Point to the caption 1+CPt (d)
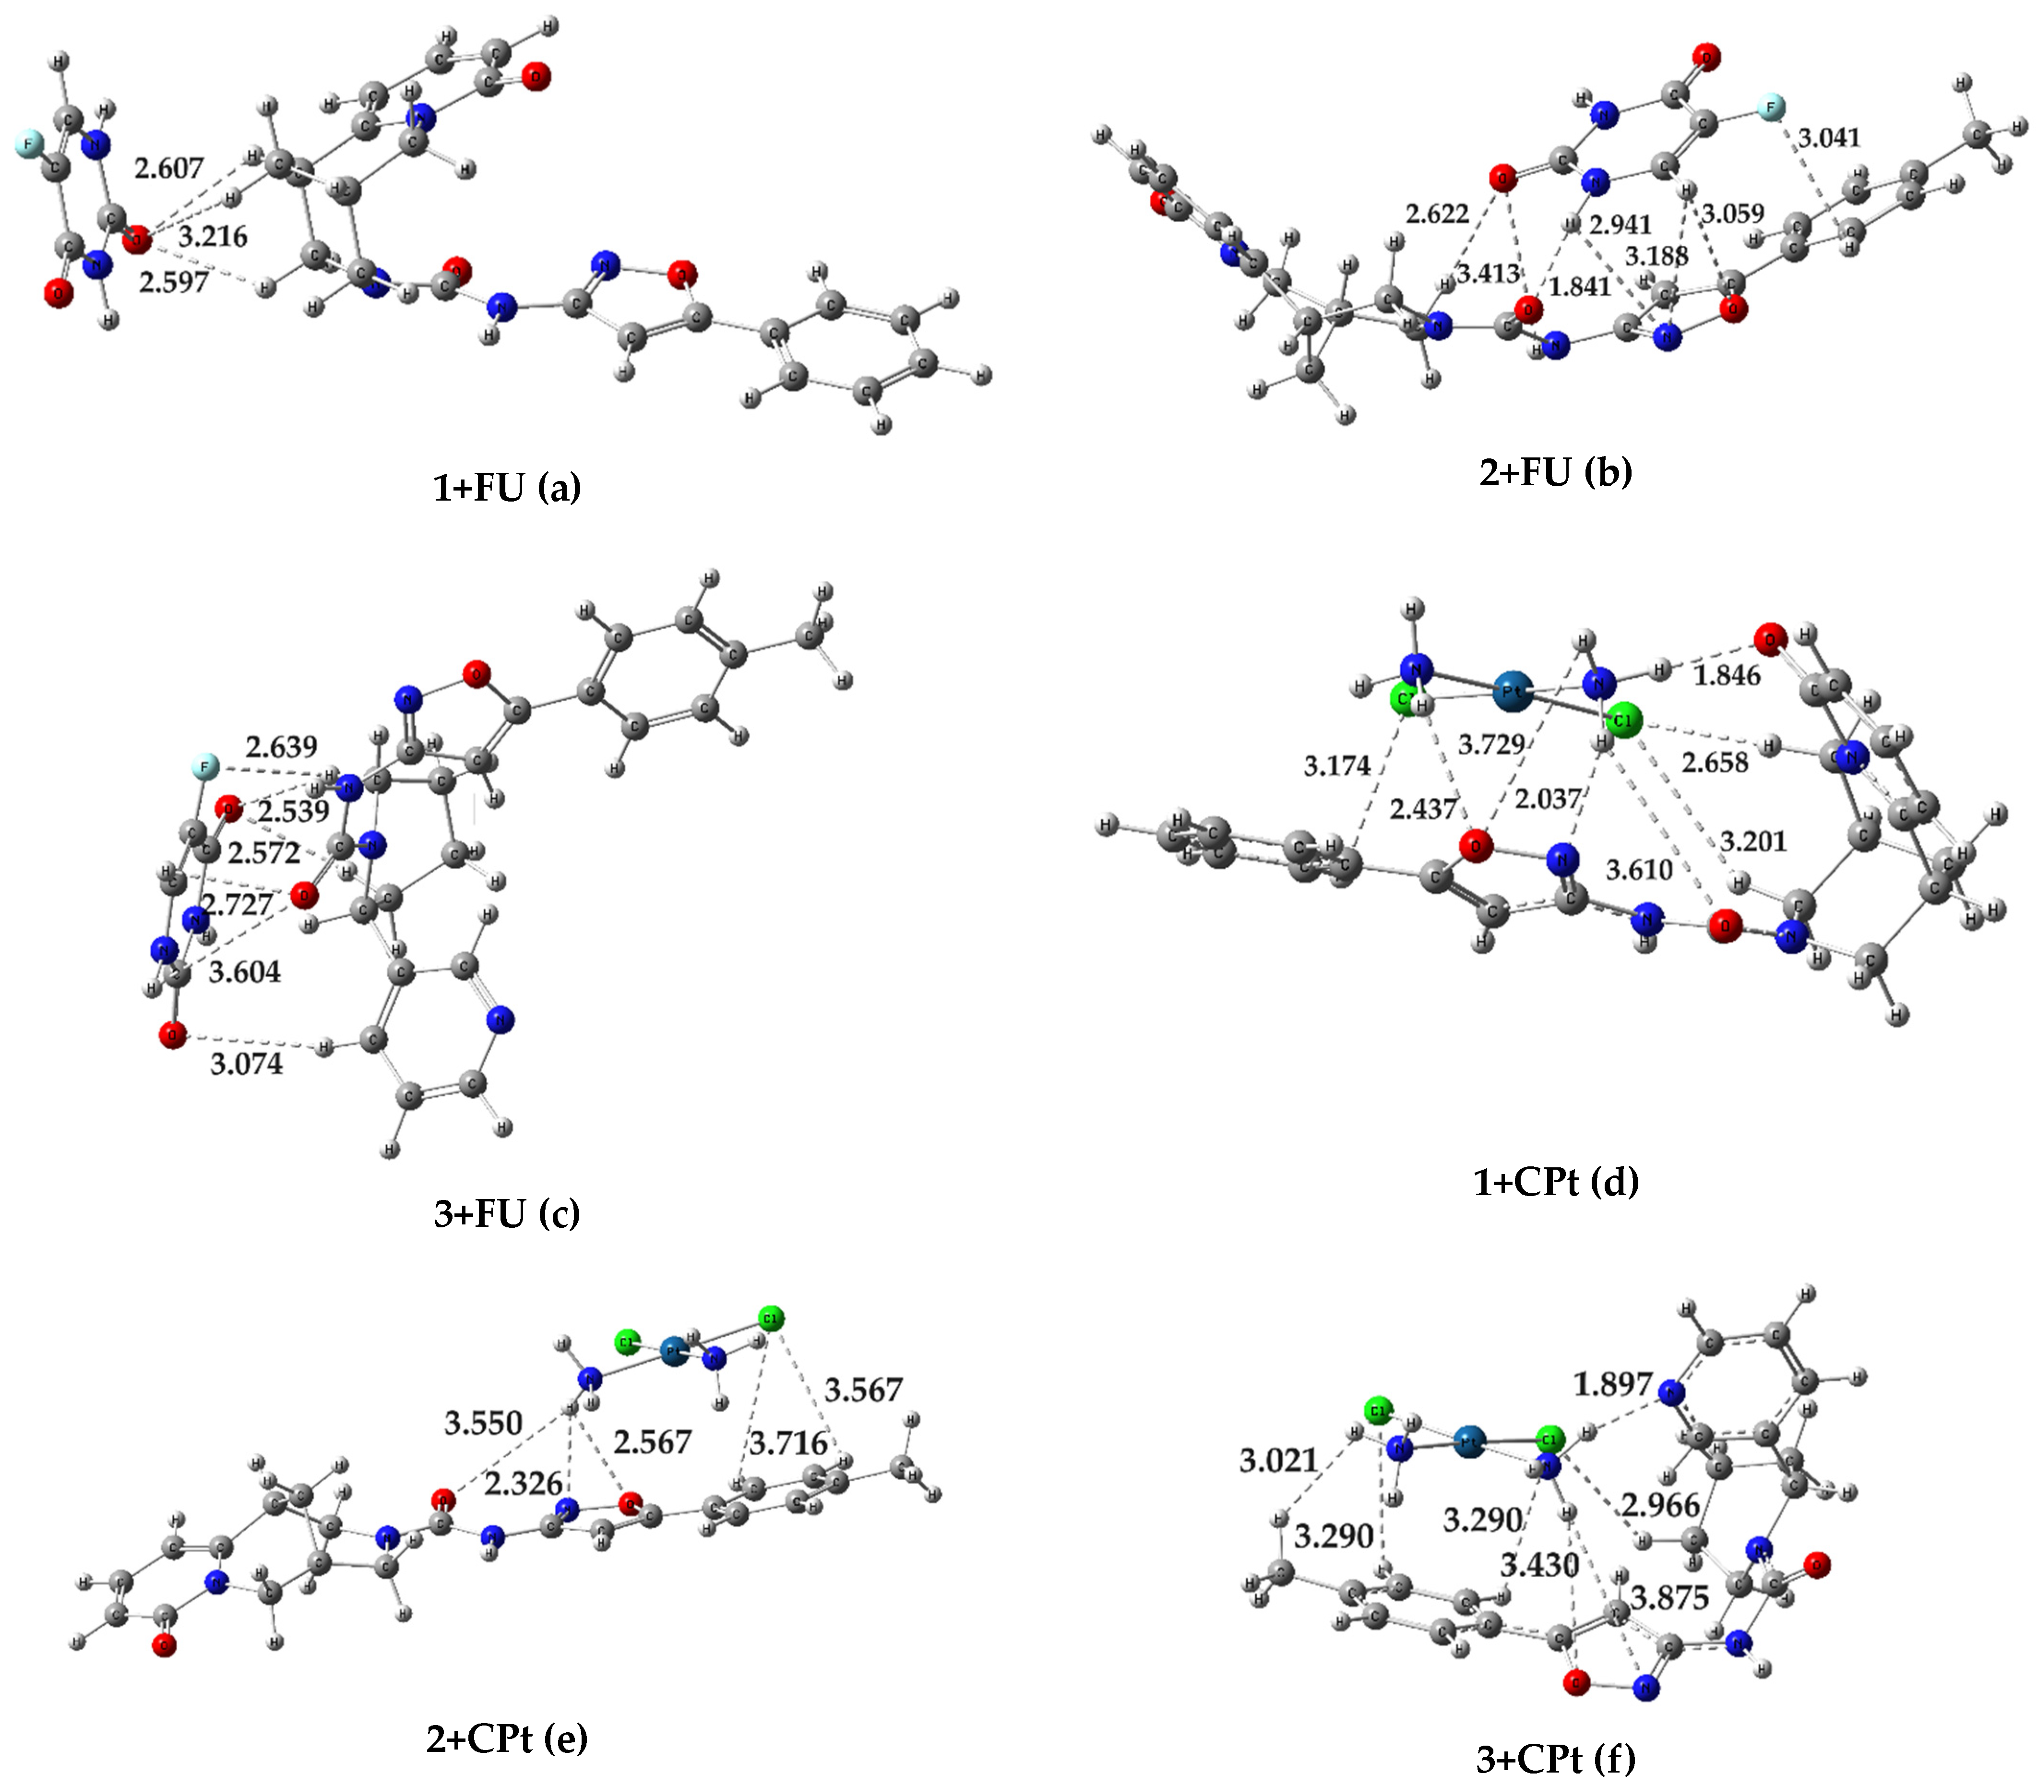click(1556, 1181)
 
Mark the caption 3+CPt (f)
click(1556, 1759)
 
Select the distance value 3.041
click(1829, 138)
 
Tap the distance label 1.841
click(1581, 286)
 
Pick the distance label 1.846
click(1727, 676)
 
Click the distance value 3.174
click(1336, 766)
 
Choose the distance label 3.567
click(863, 1390)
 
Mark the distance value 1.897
click(1612, 1383)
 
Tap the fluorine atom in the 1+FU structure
click(28, 145)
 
